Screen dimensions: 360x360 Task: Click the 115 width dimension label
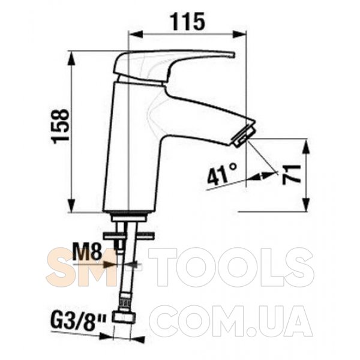coord(188,22)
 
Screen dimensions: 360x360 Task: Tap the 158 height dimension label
coord(61,126)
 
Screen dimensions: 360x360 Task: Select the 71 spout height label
coord(291,175)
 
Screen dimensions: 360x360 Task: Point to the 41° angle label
coord(222,174)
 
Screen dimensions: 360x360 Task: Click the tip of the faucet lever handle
coord(234,55)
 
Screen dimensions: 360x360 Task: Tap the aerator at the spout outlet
coord(244,136)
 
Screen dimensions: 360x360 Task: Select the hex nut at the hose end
coord(124,317)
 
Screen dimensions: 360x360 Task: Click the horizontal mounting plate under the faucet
coord(129,236)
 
